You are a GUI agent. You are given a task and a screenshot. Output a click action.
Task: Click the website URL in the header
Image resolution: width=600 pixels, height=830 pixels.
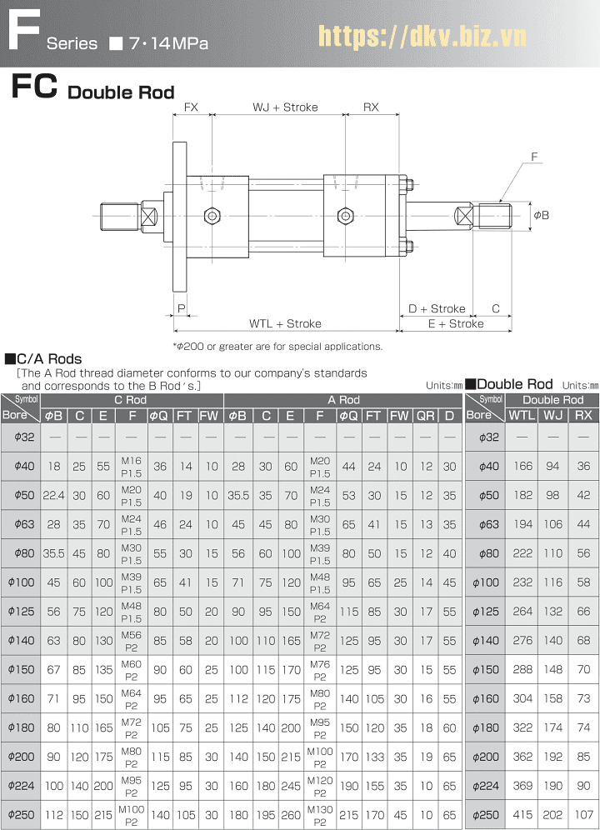[x=422, y=36]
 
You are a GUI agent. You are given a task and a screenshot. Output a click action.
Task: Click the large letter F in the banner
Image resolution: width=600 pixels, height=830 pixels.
[x=24, y=31]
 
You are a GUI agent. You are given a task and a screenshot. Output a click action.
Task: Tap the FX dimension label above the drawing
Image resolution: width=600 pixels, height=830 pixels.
[x=191, y=107]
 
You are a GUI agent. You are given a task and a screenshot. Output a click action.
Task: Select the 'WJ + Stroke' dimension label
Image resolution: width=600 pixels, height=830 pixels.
[x=285, y=107]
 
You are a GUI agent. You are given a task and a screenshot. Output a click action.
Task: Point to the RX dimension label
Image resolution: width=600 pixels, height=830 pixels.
[x=371, y=107]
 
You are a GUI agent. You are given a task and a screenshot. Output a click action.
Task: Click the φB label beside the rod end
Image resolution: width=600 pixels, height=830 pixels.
[x=541, y=215]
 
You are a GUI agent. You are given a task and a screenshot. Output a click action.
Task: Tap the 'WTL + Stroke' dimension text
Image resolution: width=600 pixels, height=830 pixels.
[x=285, y=323]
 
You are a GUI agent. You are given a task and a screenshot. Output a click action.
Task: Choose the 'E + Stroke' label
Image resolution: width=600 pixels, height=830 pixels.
[x=456, y=323]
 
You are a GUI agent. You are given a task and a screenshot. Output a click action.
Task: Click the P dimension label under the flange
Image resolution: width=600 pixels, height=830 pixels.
[x=182, y=308]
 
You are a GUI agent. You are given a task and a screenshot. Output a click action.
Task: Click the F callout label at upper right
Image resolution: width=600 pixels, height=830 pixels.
[x=534, y=157]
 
